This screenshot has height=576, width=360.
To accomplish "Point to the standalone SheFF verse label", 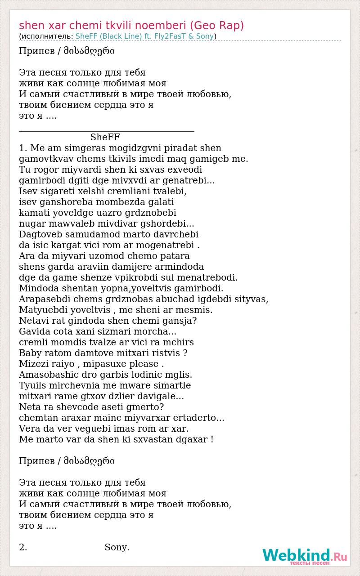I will click(105, 137).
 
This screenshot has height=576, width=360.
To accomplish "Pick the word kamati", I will click(34, 213).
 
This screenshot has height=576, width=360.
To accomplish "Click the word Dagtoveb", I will click(41, 234).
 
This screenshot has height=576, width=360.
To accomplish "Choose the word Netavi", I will click(34, 321).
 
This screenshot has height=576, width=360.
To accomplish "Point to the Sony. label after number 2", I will click(117, 547).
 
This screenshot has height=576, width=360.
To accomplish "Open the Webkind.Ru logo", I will click(305, 556).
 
